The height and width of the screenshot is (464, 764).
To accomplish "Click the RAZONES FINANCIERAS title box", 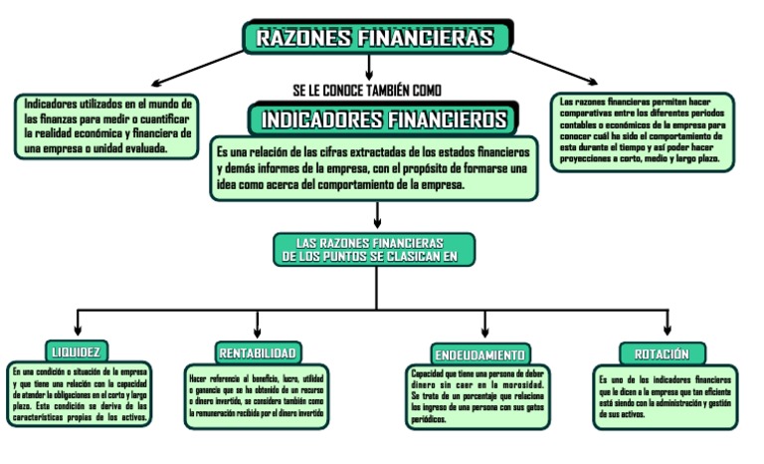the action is pos(377,38).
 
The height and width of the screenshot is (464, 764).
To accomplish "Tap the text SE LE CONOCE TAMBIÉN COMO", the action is pos(367,89).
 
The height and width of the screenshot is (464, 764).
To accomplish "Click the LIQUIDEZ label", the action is pos(78,350).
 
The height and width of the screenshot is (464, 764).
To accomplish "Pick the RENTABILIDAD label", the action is pos(256,353).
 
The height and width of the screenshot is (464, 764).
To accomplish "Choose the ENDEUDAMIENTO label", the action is pos(479,354).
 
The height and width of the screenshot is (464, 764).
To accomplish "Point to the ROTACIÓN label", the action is pos(662,353).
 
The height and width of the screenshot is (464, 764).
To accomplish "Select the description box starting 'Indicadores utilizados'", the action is pos(107,125).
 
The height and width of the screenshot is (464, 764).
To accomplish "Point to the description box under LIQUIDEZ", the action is pos(79,395).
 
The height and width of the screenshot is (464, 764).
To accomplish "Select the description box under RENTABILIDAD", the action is pos(256,396).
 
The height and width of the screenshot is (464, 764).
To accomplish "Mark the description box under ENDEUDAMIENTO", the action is pos(478,397).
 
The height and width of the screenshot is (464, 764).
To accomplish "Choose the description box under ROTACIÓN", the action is pos(666,396).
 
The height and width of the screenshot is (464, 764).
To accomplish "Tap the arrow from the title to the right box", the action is pos(557,67).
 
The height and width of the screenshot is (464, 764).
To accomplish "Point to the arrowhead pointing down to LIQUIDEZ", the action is pos(78,333).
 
